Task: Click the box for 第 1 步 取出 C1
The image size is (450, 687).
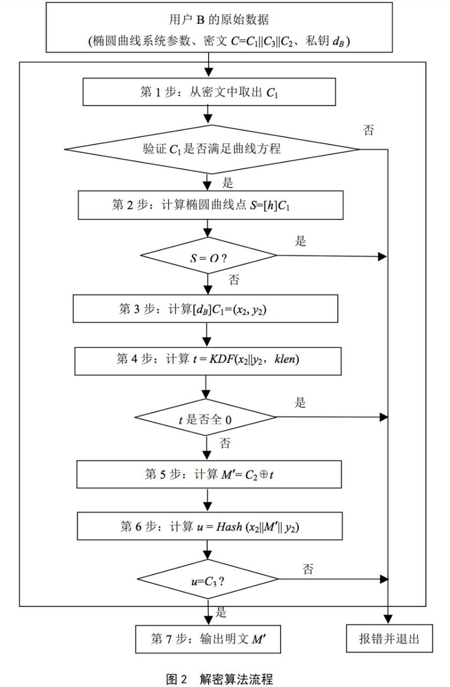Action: (x=209, y=92)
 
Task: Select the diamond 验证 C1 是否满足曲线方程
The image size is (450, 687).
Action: (x=211, y=149)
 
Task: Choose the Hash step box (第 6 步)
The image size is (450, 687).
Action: (x=209, y=527)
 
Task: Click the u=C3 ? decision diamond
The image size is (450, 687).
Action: (x=208, y=580)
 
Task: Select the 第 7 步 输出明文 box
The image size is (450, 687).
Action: (x=209, y=638)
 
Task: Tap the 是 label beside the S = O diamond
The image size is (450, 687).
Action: (x=301, y=240)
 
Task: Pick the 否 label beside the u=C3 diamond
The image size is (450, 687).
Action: (x=308, y=569)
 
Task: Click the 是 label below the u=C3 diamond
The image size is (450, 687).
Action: (x=221, y=612)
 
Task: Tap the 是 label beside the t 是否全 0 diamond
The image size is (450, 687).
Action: (x=301, y=403)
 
